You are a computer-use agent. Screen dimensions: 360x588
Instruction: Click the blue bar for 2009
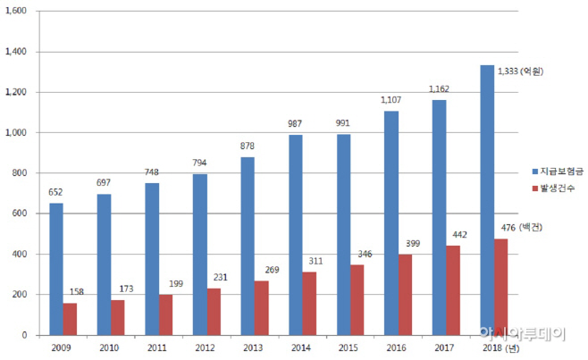pos(56,269)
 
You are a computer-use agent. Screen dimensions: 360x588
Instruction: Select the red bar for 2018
pos(500,287)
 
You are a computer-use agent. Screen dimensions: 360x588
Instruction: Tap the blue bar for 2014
pos(296,235)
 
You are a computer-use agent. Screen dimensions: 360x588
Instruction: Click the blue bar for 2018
pos(487,200)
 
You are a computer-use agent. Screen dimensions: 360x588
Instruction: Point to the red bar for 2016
pos(404,294)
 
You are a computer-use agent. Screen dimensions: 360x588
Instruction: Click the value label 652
pos(55,191)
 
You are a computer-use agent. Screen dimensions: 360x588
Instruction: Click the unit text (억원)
pos(534,71)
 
